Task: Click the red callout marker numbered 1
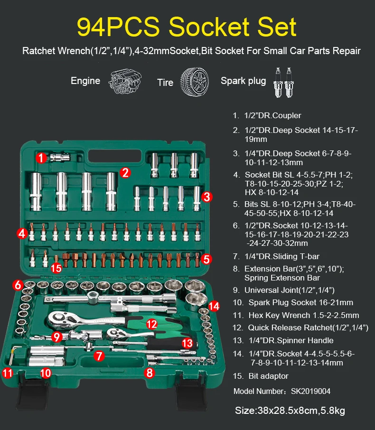tap(42, 158)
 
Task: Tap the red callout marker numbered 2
tap(125, 172)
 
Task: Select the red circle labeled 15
tap(56, 268)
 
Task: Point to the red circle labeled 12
tap(151, 324)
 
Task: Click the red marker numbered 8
tap(150, 373)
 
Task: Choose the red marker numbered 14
tap(214, 306)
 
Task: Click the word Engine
tap(85, 81)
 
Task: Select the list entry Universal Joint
tap(289, 290)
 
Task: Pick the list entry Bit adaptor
tap(268, 376)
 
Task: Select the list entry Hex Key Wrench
tap(304, 315)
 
